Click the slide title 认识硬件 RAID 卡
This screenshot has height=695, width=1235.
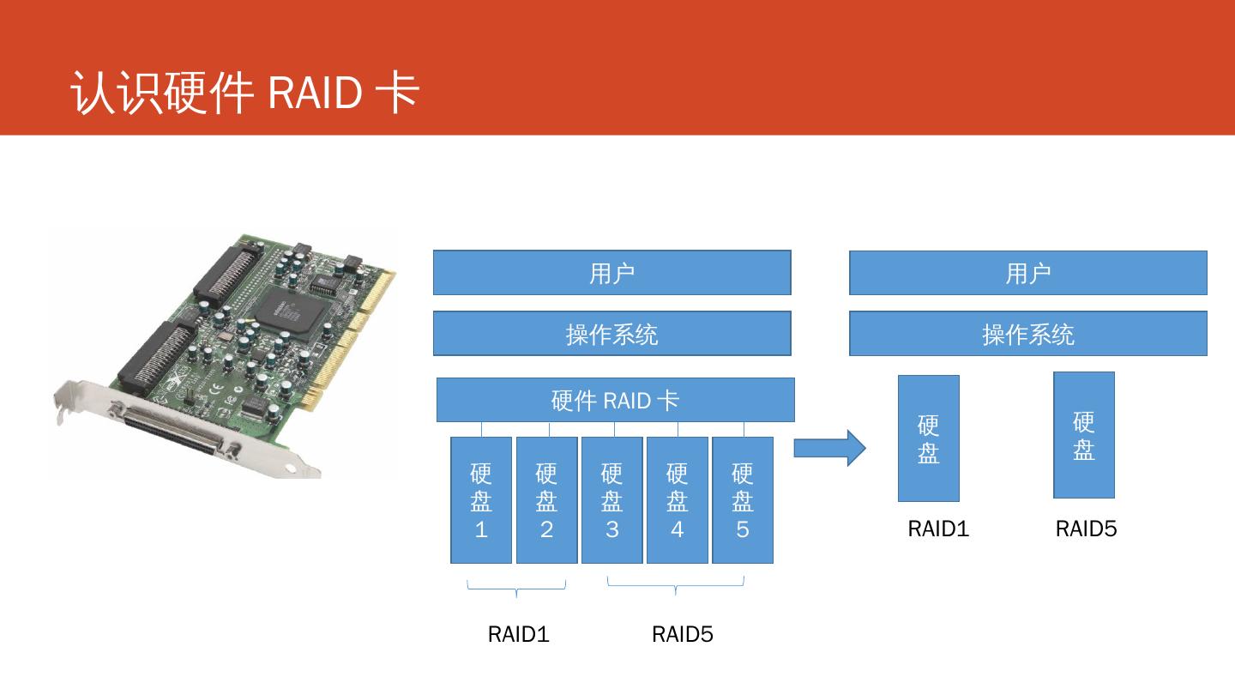coord(244,92)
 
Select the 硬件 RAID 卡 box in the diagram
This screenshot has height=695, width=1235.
coord(615,400)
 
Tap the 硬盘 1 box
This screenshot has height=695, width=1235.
coord(481,500)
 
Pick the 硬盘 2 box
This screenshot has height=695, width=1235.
coord(546,500)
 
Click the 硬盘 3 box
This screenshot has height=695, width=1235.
coord(612,500)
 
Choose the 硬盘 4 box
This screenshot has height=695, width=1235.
coord(677,500)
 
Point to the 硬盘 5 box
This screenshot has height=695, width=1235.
coord(743,500)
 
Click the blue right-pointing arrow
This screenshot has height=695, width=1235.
coord(830,448)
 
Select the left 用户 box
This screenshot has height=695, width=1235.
coord(612,273)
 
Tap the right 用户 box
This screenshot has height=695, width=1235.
coord(1028,273)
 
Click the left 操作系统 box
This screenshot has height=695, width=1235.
coord(612,333)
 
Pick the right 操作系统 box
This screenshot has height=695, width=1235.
coord(1028,333)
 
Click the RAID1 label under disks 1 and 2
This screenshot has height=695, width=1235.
coord(518,634)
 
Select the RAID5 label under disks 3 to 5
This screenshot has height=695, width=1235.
coord(683,634)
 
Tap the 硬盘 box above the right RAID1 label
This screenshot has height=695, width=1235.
coord(929,438)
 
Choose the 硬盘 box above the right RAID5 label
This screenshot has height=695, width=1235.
coord(1084,435)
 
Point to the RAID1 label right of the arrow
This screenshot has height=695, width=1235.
coord(938,529)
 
